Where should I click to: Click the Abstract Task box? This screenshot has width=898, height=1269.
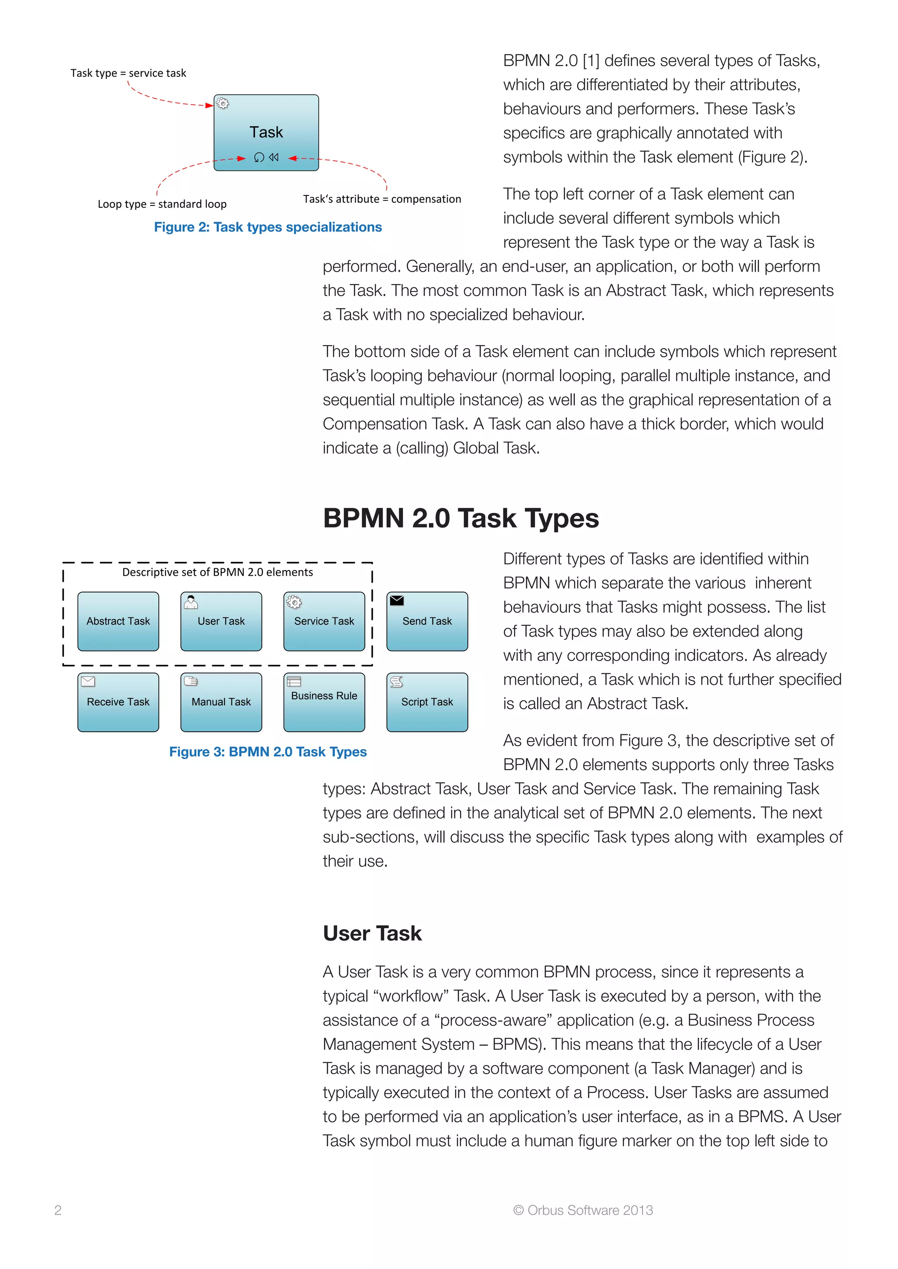[118, 621]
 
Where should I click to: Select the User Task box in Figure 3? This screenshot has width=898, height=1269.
[221, 621]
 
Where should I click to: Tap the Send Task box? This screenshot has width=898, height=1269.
[427, 621]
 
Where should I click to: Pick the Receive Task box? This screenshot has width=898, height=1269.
[118, 702]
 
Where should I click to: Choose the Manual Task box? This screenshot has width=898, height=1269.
[221, 702]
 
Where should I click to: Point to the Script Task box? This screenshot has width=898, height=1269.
[427, 702]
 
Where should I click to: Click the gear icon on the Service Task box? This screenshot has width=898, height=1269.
[294, 602]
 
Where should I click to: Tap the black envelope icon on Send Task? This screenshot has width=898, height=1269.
[397, 600]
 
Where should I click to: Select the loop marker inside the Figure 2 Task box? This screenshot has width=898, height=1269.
[259, 157]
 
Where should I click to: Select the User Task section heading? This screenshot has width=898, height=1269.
[372, 933]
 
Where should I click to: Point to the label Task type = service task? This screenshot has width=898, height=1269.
[128, 73]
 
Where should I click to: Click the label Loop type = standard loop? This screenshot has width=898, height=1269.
[162, 204]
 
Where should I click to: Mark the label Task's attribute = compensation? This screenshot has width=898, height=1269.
[381, 199]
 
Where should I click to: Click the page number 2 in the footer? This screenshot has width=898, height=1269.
[58, 1210]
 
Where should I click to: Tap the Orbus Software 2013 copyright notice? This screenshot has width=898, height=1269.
[583, 1210]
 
